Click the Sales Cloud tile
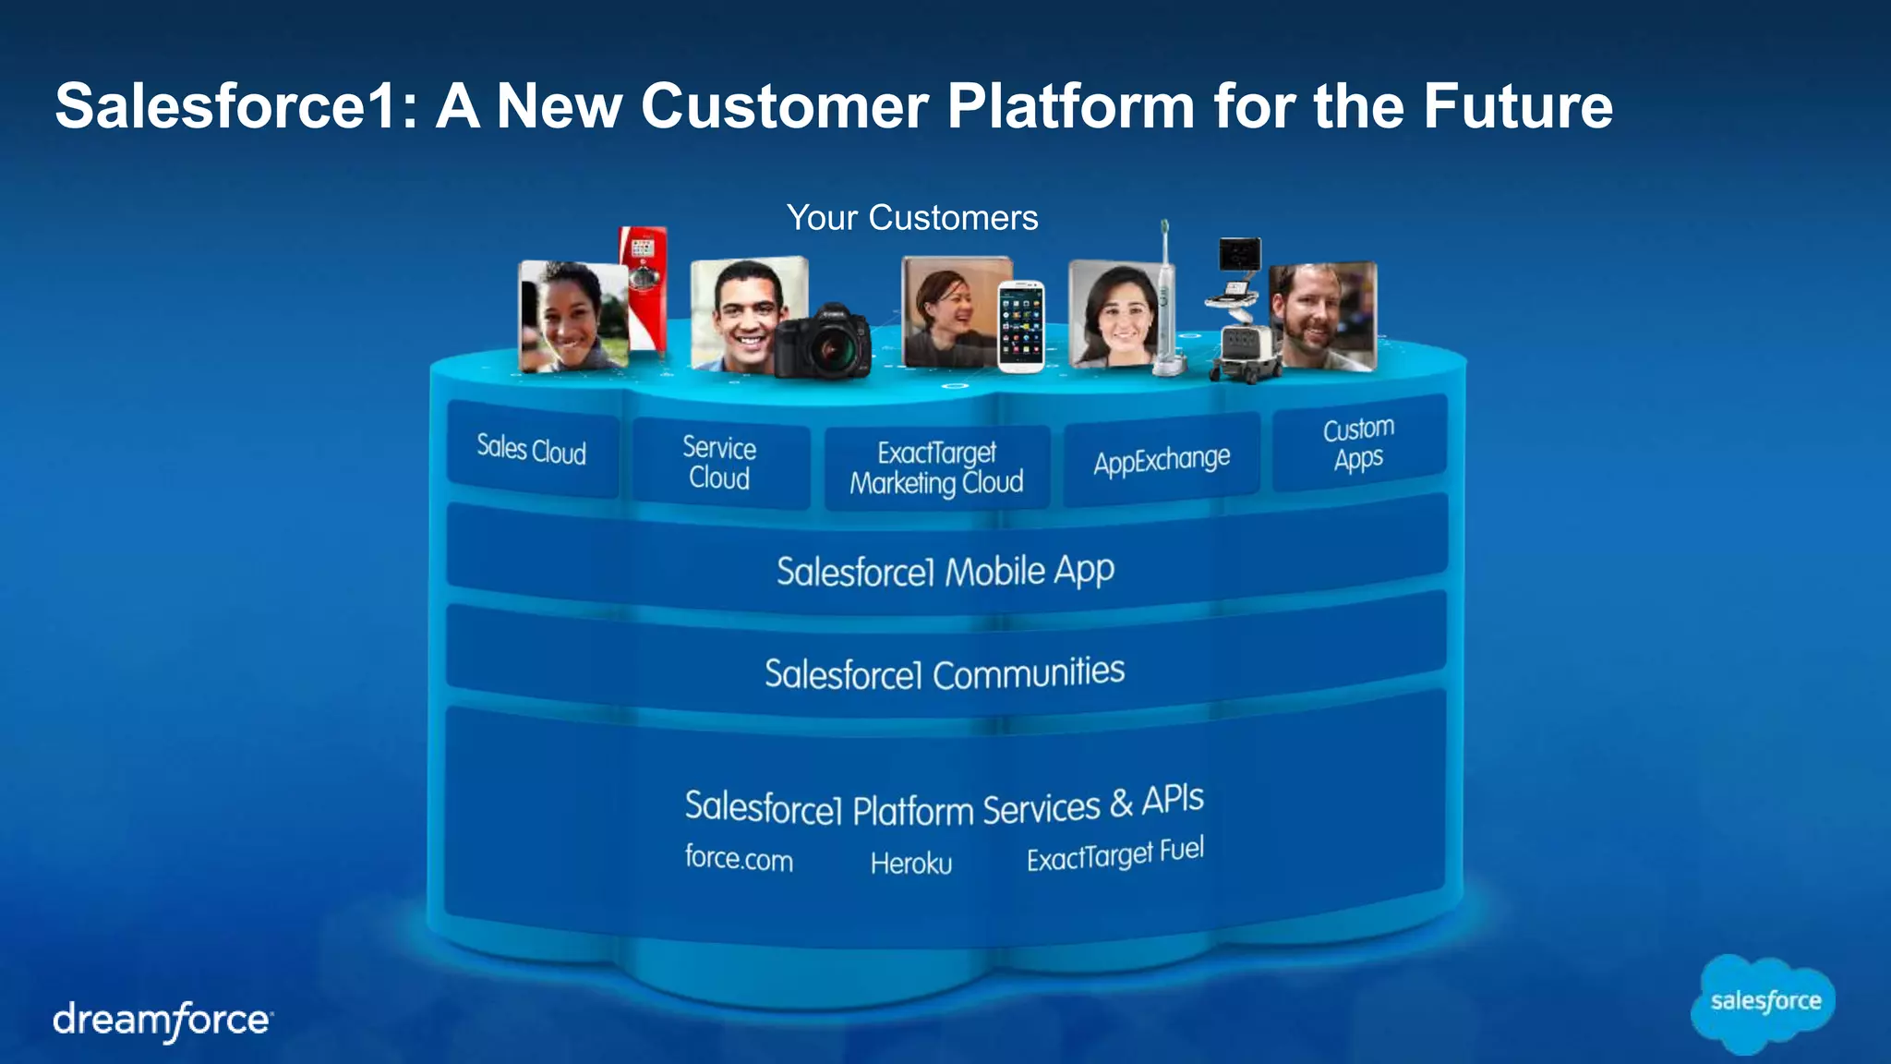[532, 450]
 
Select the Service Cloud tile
[719, 464]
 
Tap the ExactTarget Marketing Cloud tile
[936, 468]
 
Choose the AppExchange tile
[1162, 459]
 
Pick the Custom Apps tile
[1358, 443]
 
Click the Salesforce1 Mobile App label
[945, 571]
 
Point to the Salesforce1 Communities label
[945, 672]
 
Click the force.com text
[739, 858]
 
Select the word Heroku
[910, 864]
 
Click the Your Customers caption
[912, 218]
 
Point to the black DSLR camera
[823, 342]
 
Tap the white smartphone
[1021, 326]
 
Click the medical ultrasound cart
[1241, 314]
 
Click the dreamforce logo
[163, 1021]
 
